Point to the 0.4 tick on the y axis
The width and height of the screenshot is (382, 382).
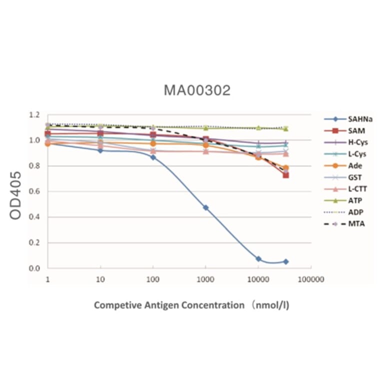tap(33, 217)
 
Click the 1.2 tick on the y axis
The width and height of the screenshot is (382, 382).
tap(33, 115)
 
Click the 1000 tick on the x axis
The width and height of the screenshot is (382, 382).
tap(205, 279)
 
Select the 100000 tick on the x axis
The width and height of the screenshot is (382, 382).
tap(310, 279)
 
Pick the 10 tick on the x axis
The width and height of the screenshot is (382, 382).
tap(100, 279)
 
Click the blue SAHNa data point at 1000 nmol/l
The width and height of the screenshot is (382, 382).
tap(205, 207)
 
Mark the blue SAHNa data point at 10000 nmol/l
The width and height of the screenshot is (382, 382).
tap(258, 259)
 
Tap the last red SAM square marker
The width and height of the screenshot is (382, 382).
tap(285, 175)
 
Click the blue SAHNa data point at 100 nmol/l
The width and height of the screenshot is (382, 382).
tap(153, 157)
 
